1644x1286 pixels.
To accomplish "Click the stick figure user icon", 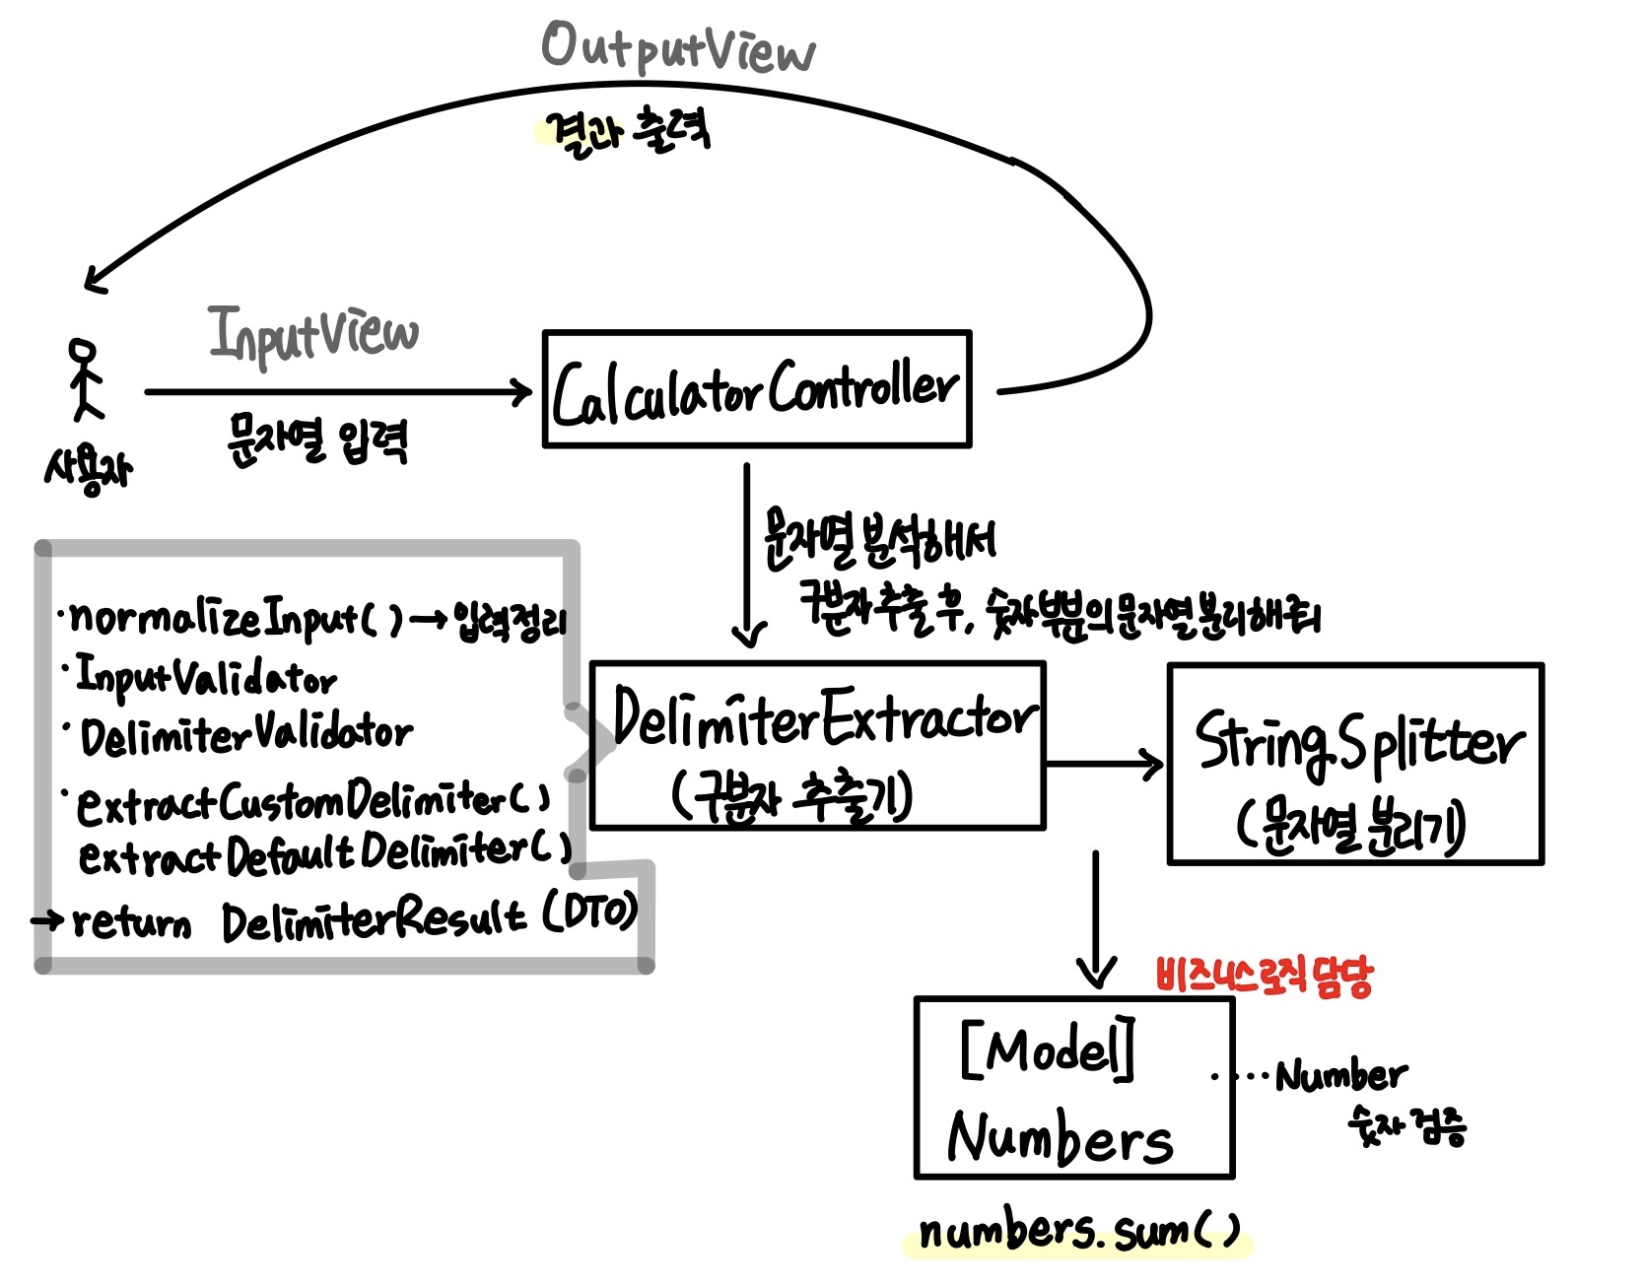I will [x=84, y=379].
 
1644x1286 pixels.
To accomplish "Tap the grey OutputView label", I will [x=678, y=47].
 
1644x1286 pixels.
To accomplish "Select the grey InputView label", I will [x=313, y=333].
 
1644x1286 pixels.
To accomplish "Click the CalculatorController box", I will [x=756, y=389].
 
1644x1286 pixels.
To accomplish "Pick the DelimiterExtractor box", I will [x=817, y=746].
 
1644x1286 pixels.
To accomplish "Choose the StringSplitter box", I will [x=1355, y=765].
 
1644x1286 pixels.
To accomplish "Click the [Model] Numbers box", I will [x=1074, y=1088].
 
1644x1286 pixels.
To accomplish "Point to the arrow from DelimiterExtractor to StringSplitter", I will [x=1104, y=764].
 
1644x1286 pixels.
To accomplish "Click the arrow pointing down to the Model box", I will [x=1096, y=916].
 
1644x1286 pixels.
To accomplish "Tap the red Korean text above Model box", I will [x=1264, y=977].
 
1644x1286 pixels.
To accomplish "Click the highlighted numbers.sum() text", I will [x=1078, y=1233].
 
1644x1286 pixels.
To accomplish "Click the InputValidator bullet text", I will [x=207, y=678].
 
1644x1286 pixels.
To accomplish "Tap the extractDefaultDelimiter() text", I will [x=325, y=854].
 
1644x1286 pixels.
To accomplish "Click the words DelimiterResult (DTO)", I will [x=429, y=919].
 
